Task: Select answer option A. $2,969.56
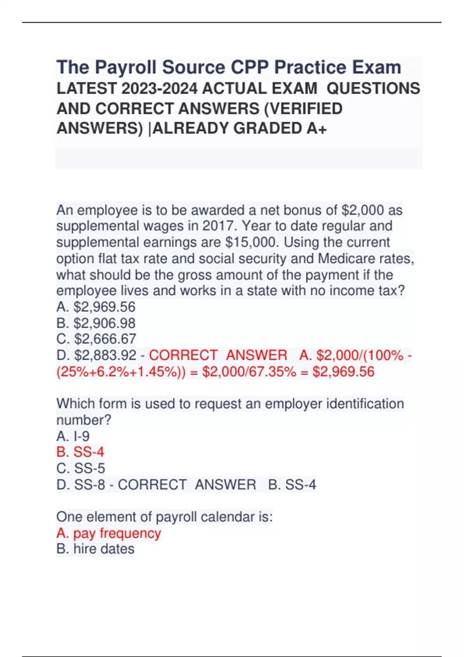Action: coord(96,307)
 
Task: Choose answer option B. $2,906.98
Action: coord(96,323)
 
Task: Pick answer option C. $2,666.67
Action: coord(96,339)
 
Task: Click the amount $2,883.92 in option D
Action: coord(105,355)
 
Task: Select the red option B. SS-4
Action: coord(80,452)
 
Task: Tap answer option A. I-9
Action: coord(73,436)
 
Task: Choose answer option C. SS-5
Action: coord(81,468)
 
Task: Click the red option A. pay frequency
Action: coord(109,533)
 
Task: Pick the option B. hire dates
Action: coord(96,549)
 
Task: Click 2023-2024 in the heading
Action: coord(159,89)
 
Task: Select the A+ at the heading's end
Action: coord(317,129)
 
